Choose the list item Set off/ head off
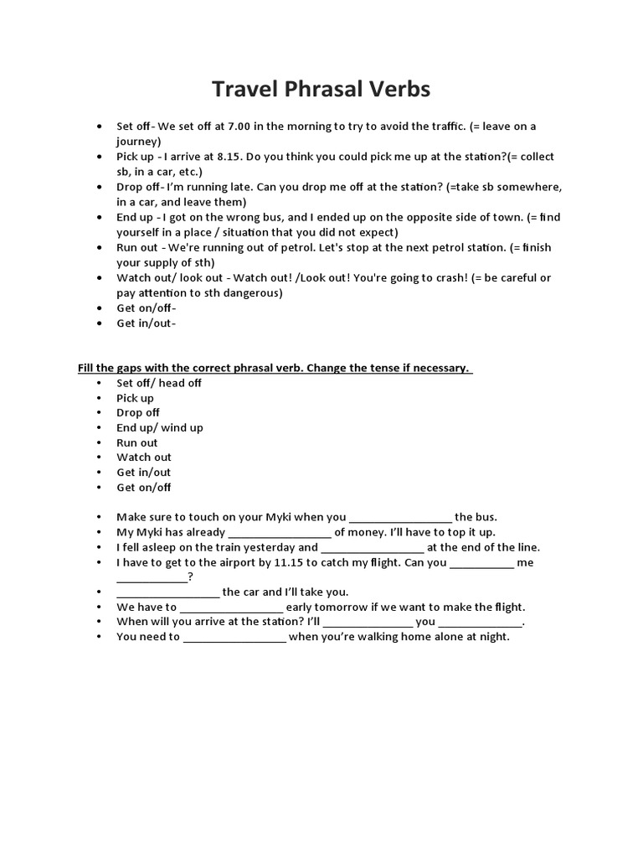click(159, 383)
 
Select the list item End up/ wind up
click(160, 427)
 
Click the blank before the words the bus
click(400, 518)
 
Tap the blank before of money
click(280, 533)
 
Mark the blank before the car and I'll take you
click(167, 592)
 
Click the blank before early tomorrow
click(232, 607)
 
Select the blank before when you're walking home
click(234, 638)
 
